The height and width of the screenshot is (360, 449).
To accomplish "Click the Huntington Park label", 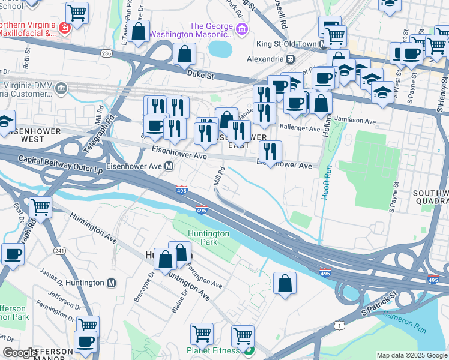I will click(208, 238).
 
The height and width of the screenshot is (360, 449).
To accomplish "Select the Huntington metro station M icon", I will click(111, 283).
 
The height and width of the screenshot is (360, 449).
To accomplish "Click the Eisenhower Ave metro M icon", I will click(170, 166).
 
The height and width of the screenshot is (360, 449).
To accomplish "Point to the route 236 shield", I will click(107, 53).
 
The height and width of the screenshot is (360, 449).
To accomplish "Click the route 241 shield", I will click(59, 250).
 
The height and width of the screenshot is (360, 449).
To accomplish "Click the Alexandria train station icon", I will click(290, 59).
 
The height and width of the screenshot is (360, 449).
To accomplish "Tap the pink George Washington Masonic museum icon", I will click(241, 29).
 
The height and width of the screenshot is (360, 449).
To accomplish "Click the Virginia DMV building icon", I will click(61, 89).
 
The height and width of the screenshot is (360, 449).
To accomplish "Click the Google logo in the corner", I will click(20, 353).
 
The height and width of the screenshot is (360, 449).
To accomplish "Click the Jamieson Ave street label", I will click(354, 120).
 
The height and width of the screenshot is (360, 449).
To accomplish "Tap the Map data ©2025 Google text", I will click(412, 355).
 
